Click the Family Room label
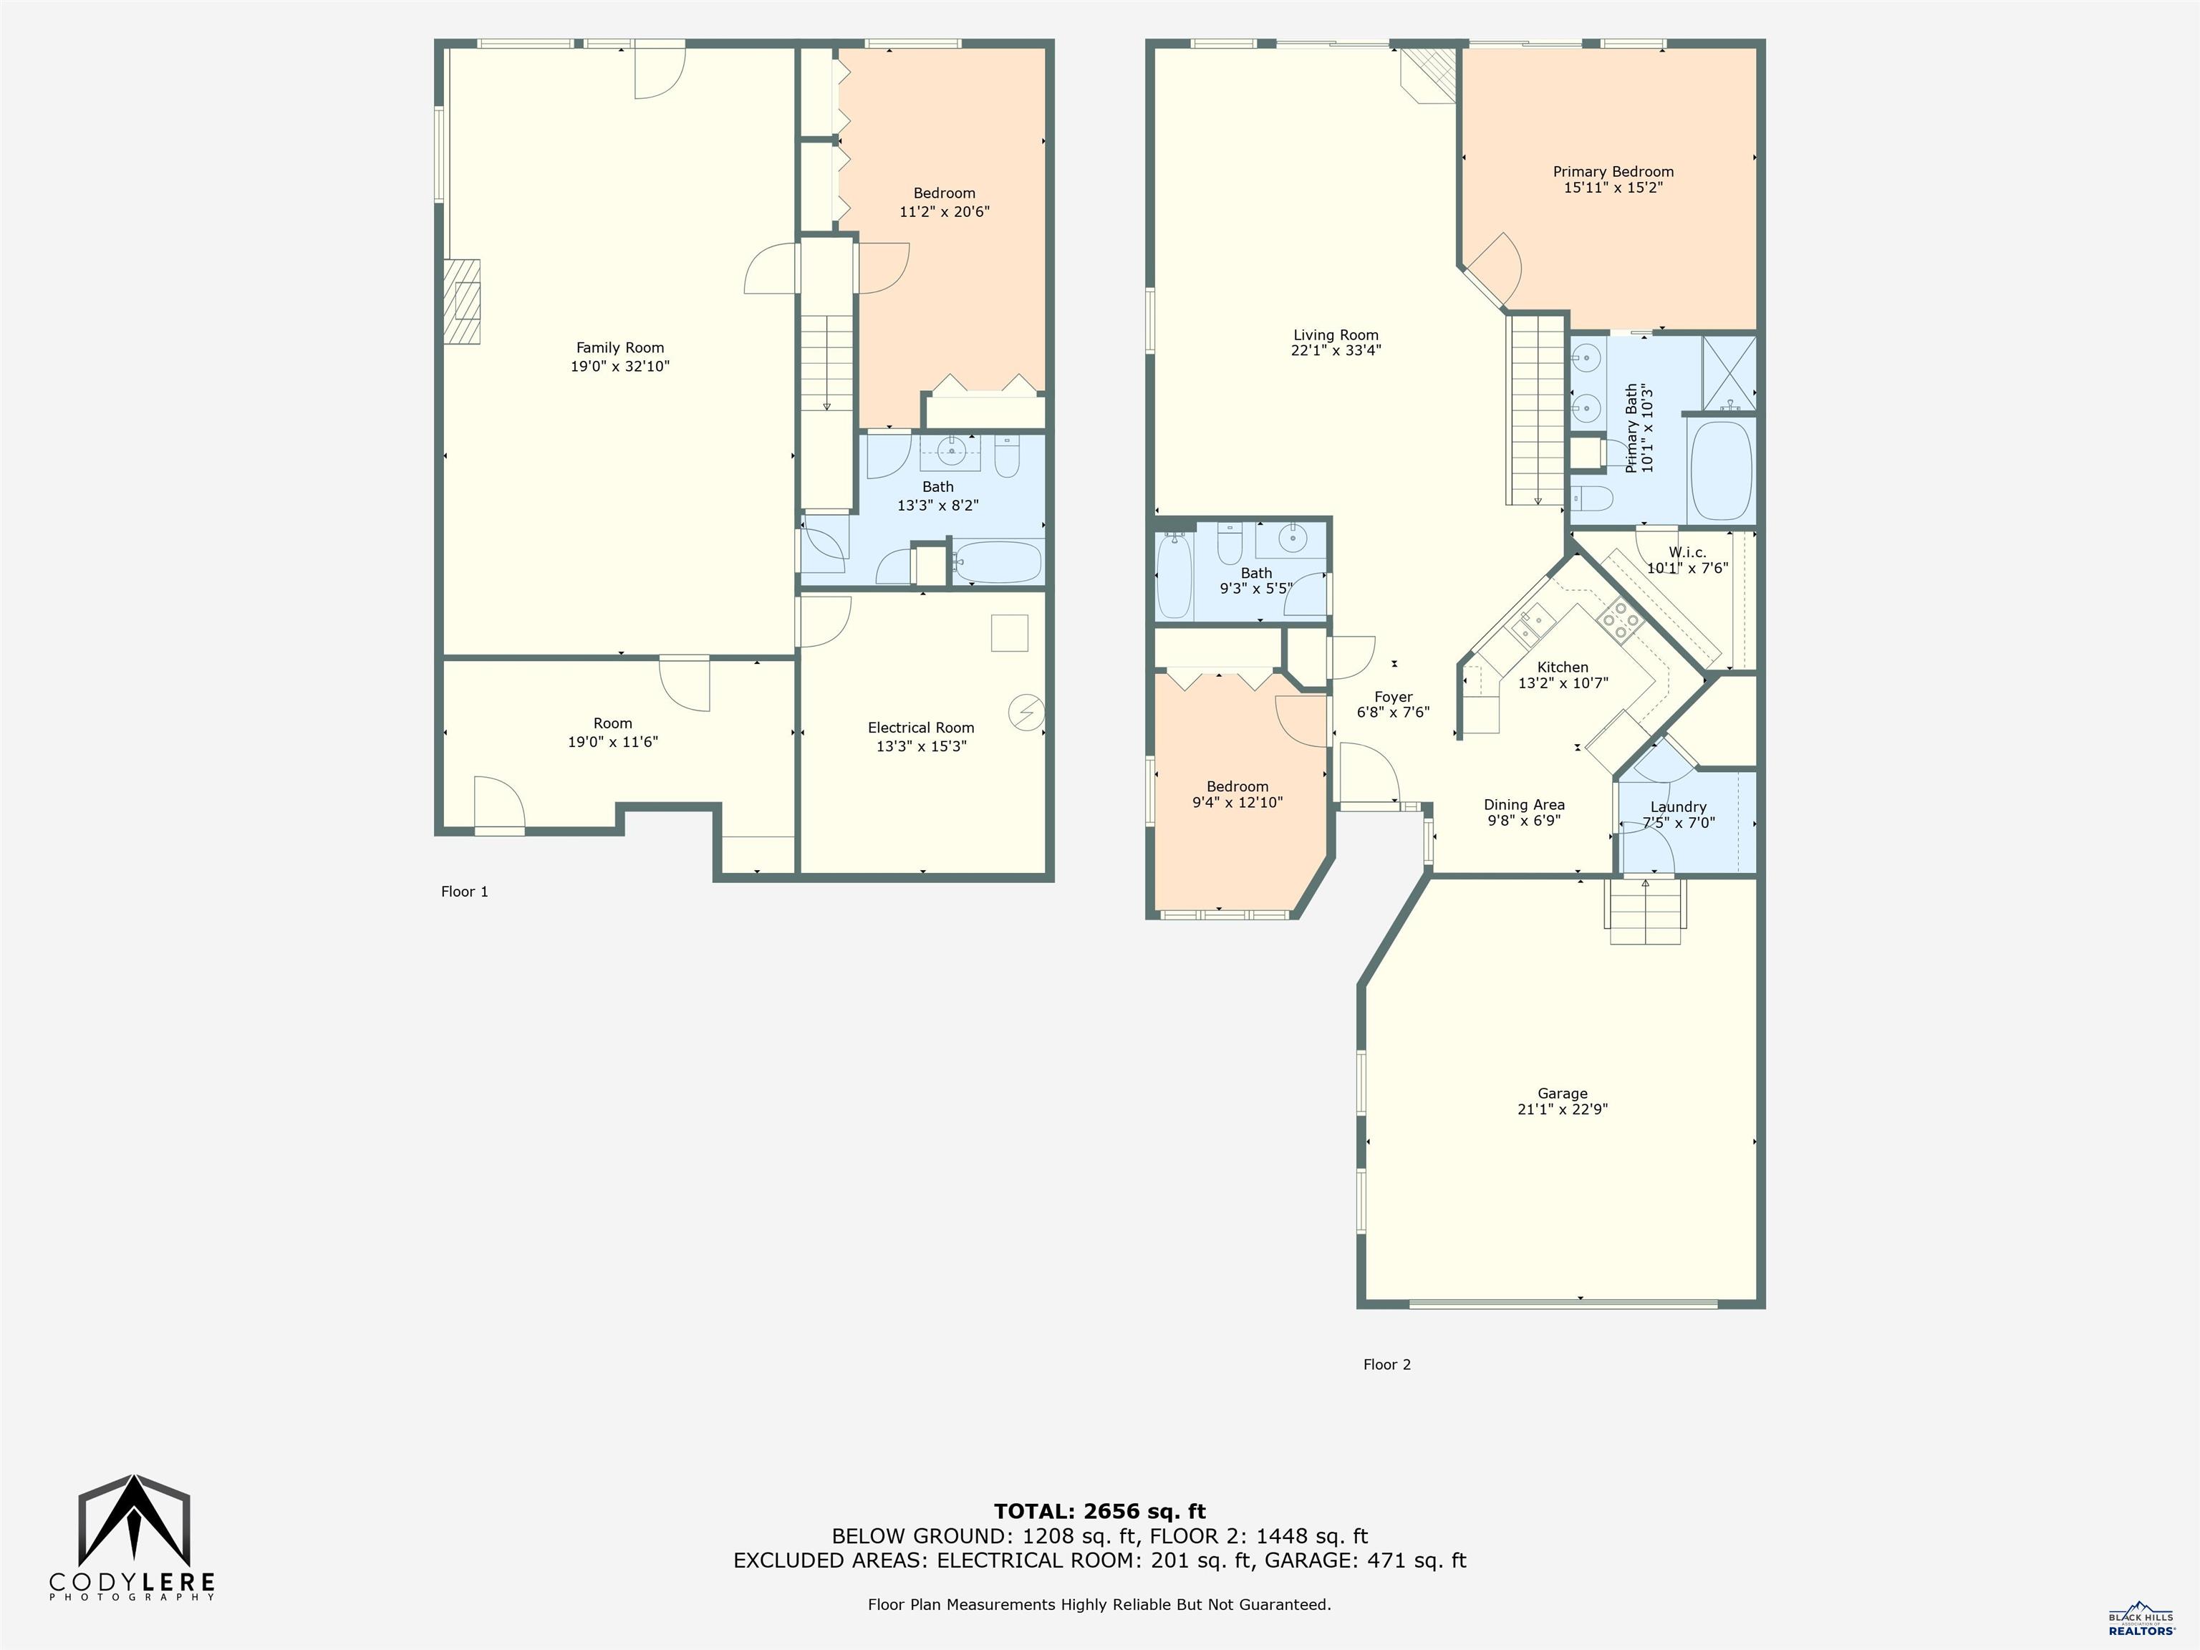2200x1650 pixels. [619, 348]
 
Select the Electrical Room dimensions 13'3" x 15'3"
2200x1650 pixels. [921, 746]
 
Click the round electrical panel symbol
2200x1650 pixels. [1026, 712]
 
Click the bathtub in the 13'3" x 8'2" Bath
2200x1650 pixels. [997, 562]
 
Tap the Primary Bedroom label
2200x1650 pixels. [1613, 171]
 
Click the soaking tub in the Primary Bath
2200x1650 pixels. [1721, 471]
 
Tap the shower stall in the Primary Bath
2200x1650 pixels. [1729, 373]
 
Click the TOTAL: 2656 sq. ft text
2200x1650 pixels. [1099, 1512]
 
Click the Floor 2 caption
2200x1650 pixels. [1386, 1364]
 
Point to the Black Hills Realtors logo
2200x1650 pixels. [2141, 1618]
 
